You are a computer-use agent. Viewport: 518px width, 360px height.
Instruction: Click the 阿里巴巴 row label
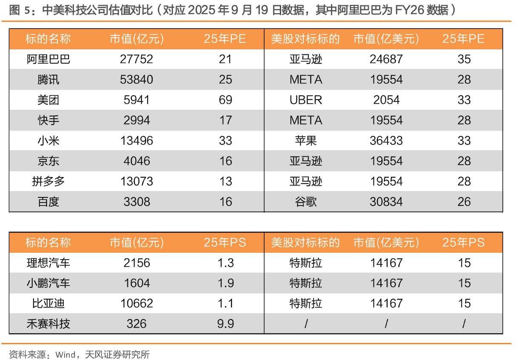48,59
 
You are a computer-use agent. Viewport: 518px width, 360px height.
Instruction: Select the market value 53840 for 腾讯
137,80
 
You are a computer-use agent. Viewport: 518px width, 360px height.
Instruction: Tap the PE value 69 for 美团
225,100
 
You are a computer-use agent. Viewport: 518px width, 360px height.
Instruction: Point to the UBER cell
306,100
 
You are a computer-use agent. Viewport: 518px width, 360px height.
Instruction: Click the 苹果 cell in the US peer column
306,140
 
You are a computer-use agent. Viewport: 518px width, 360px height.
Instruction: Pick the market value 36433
386,140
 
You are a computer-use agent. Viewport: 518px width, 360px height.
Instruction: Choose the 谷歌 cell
306,202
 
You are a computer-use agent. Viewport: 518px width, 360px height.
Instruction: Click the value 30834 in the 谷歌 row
386,202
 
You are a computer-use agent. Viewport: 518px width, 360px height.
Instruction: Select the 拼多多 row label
48,181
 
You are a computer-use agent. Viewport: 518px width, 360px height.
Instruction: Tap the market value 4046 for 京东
137,161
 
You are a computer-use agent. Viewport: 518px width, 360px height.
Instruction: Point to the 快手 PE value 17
225,120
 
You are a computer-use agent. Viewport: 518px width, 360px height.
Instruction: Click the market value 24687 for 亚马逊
386,59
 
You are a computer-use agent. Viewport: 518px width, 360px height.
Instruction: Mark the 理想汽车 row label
48,263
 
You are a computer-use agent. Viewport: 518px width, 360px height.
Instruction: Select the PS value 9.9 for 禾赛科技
225,324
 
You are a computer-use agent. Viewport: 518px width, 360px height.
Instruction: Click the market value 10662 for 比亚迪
137,303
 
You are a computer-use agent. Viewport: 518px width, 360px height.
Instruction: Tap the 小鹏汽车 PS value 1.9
225,283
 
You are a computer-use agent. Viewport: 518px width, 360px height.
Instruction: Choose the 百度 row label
48,202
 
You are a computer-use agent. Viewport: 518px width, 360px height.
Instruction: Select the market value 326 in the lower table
137,324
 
